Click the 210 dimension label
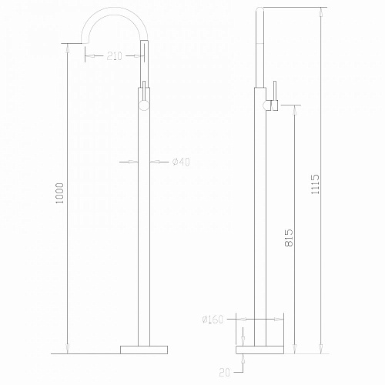[115, 56]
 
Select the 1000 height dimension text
[60, 193]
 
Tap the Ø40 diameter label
[181, 162]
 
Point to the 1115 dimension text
[315, 184]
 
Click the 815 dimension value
[289, 238]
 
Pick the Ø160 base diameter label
[213, 320]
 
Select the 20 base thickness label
[224, 373]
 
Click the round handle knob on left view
[144, 105]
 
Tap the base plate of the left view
[144, 350]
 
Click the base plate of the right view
[259, 350]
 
